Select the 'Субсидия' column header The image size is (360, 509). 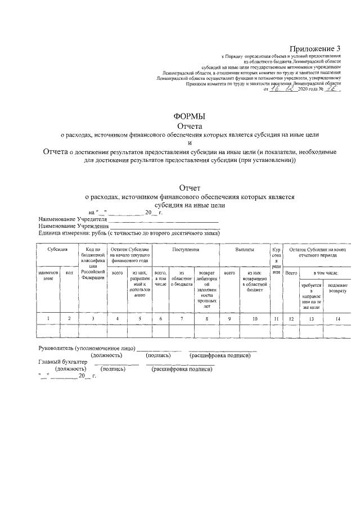point(57,249)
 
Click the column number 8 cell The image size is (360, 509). point(206,319)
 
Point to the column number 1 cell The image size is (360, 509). point(48,319)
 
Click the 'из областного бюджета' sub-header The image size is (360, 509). point(182,278)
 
